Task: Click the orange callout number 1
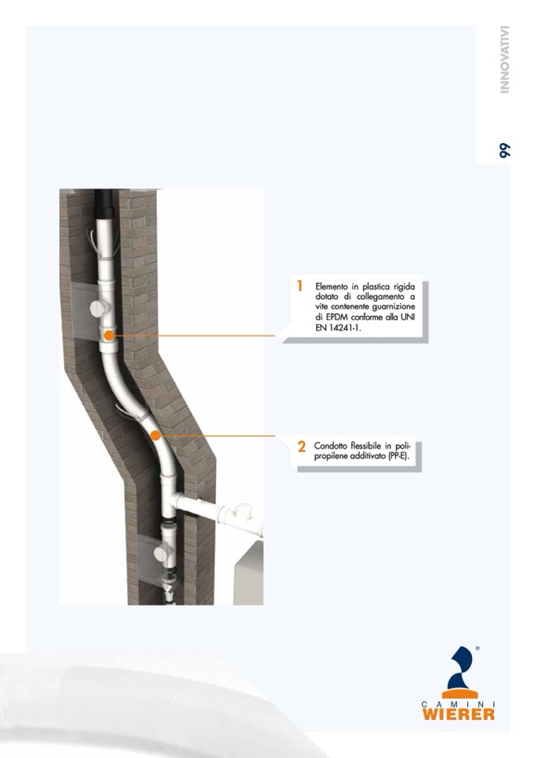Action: (300, 286)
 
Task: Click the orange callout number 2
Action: (301, 447)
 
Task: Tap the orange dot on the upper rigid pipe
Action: (109, 335)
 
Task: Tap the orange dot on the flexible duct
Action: (155, 436)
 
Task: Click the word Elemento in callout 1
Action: (331, 287)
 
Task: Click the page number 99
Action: (504, 150)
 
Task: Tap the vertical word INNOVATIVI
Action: (504, 59)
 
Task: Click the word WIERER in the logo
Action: (459, 714)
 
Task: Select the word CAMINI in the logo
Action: (459, 704)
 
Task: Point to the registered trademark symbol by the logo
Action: (477, 648)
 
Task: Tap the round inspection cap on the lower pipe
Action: (161, 552)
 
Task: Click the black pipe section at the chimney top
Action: (104, 203)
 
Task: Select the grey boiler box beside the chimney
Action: (248, 572)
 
